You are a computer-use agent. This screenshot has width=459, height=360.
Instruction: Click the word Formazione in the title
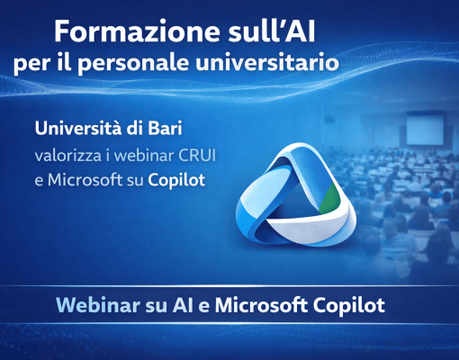(138, 31)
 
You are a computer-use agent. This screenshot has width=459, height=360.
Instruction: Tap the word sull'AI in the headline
(272, 31)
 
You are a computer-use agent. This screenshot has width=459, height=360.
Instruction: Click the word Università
(79, 129)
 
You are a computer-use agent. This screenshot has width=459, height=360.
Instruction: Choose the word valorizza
(68, 156)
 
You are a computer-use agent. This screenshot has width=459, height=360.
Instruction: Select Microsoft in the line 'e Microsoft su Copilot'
(85, 180)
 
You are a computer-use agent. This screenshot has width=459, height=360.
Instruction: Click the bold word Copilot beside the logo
(176, 181)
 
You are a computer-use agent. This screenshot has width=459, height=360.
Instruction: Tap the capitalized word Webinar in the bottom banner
(98, 305)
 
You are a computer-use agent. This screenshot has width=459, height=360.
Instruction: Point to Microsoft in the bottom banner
(261, 305)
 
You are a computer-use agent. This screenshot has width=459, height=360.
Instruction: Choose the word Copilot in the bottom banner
(349, 306)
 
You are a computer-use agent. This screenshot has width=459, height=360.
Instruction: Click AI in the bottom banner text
(183, 305)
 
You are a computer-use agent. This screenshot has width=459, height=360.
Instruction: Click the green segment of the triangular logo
(329, 198)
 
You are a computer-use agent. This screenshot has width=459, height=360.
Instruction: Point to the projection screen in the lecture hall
(425, 130)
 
